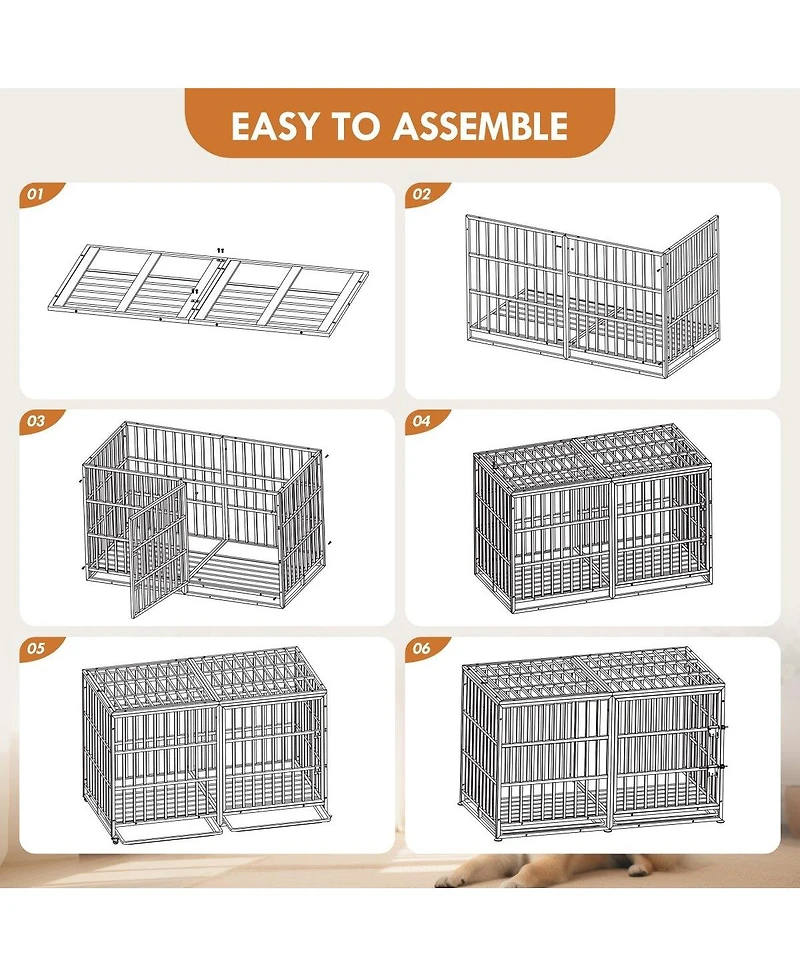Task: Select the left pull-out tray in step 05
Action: (165, 826)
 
